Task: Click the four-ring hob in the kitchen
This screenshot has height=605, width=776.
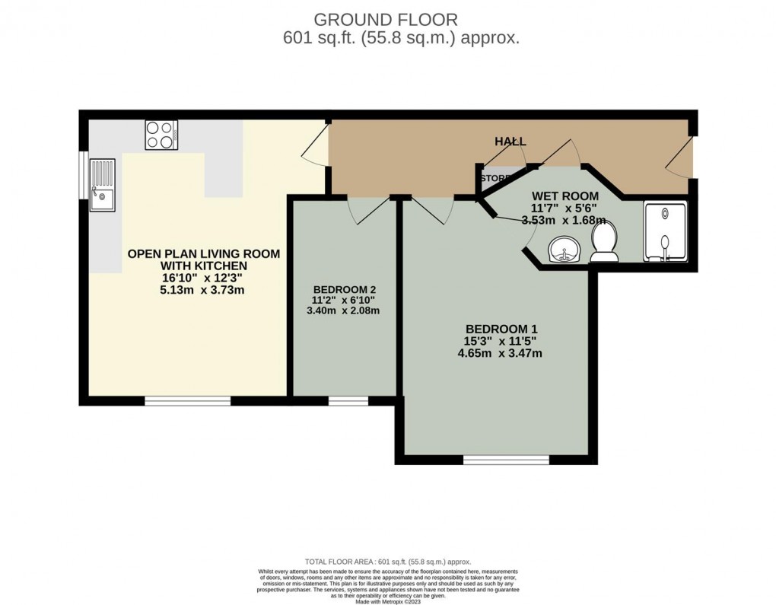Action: coord(161,135)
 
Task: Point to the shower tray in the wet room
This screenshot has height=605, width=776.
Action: coord(665,231)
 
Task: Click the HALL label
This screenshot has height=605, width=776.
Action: coord(510,142)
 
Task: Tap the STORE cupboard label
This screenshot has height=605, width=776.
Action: coord(495,178)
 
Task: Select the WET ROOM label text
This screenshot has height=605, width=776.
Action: coord(565,196)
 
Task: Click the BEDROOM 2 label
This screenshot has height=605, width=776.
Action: coord(344,290)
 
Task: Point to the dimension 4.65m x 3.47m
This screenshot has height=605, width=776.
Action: coord(499,353)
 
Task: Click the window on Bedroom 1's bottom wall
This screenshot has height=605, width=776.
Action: coord(506,459)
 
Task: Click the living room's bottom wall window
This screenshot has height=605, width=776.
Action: coord(188,400)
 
